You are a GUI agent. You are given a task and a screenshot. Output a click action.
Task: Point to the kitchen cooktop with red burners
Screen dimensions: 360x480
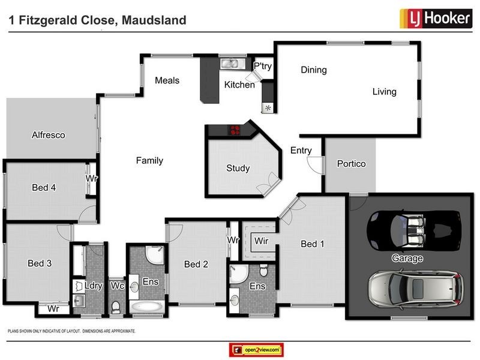click(x=234, y=130)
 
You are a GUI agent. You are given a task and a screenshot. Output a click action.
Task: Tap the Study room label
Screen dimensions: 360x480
click(x=238, y=168)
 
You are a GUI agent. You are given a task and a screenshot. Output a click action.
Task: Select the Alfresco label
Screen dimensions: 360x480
click(x=48, y=135)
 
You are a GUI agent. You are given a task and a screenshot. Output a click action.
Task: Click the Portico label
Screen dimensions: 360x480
click(x=350, y=164)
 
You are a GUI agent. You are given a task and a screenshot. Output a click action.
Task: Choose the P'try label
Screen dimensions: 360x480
click(x=263, y=66)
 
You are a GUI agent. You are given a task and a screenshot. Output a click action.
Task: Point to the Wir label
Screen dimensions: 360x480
click(x=260, y=241)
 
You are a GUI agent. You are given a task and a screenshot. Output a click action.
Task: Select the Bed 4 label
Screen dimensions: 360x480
click(x=44, y=188)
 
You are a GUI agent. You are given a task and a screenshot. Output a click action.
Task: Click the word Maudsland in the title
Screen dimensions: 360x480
click(x=154, y=20)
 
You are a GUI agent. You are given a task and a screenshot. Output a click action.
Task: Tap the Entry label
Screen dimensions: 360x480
click(x=301, y=150)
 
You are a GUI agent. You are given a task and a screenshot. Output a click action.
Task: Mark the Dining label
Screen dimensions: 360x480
click(x=313, y=70)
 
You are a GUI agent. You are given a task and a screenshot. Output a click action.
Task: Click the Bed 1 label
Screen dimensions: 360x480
click(x=312, y=244)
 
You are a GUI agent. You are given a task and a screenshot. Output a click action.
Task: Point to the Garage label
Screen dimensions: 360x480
click(x=408, y=259)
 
